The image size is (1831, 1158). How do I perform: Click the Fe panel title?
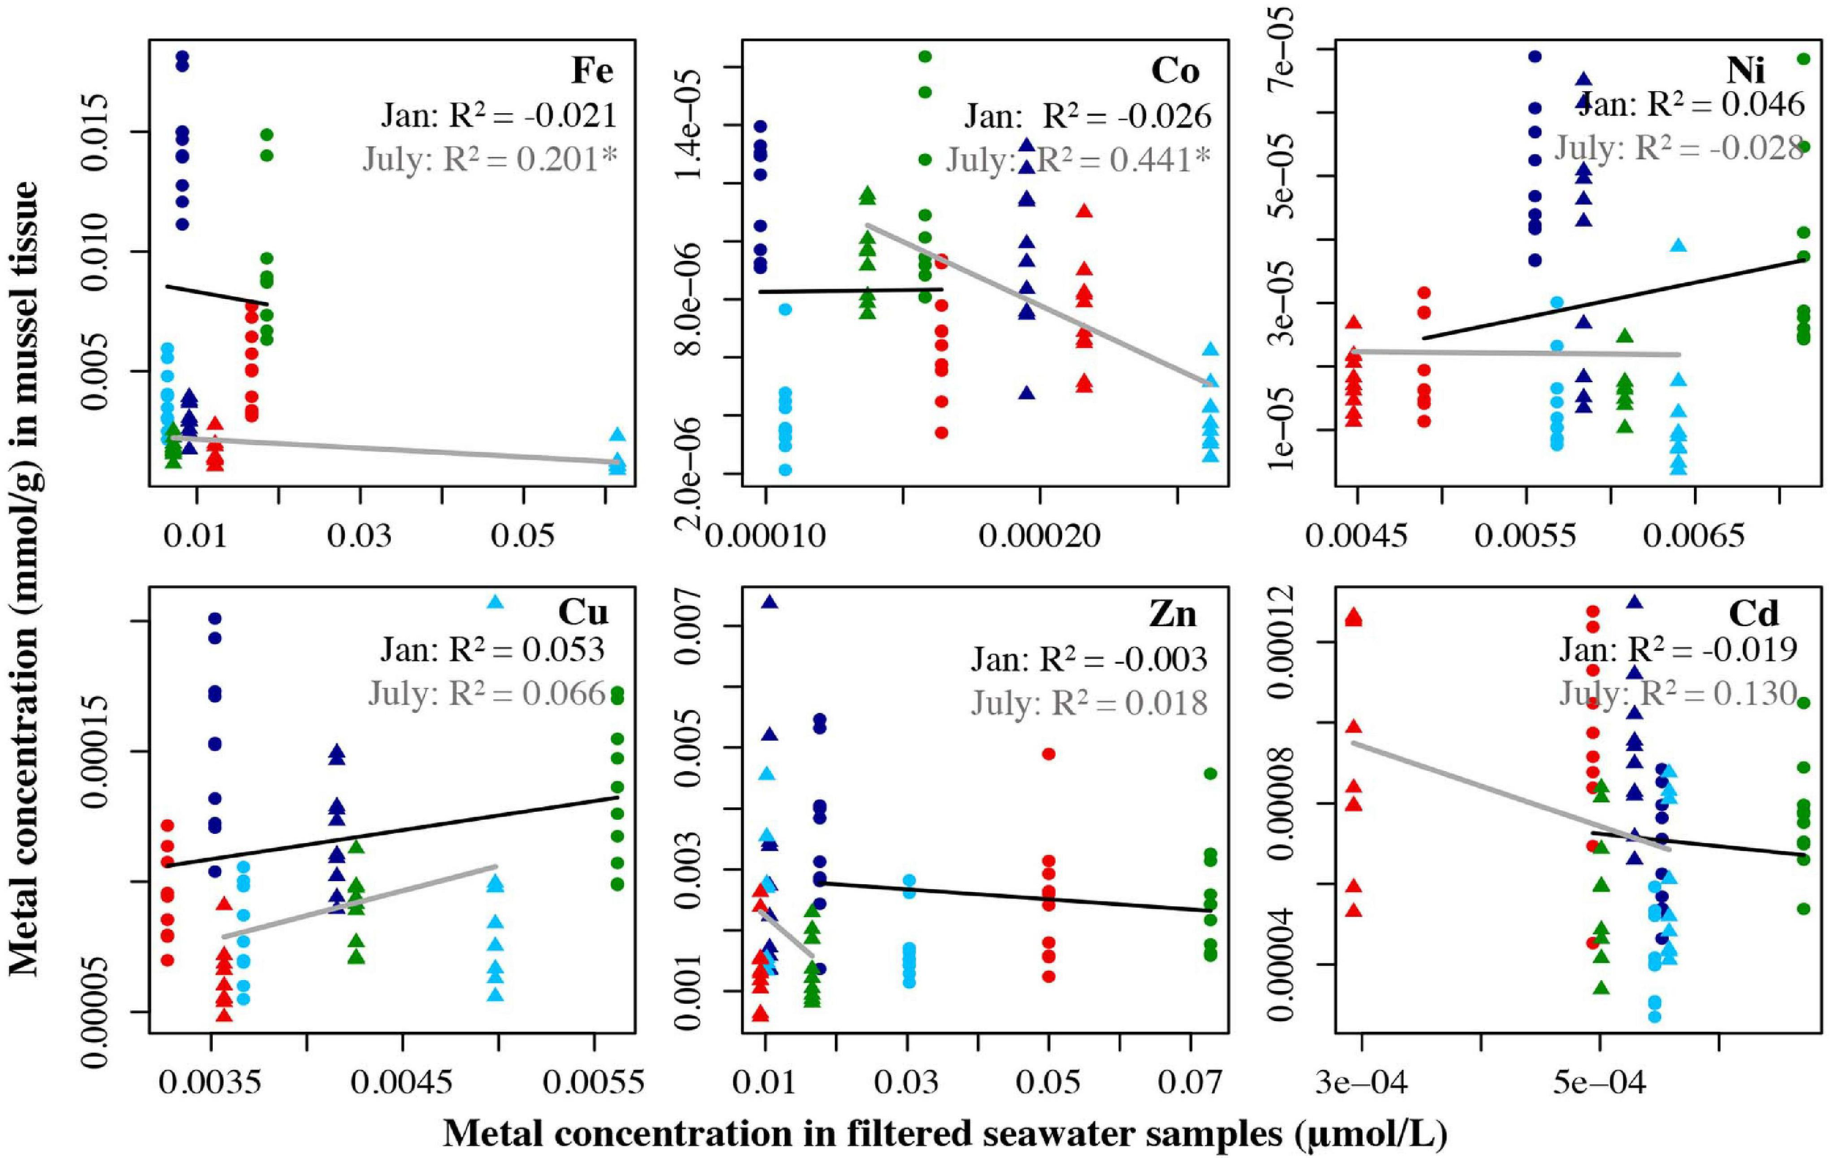click(592, 72)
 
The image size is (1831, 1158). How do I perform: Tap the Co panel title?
click(1175, 72)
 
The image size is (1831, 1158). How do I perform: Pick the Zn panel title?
click(1173, 614)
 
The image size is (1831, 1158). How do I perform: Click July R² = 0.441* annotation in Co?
click(1077, 160)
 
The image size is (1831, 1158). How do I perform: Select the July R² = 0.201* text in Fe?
click(490, 159)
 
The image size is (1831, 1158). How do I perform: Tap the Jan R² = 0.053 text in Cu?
click(492, 649)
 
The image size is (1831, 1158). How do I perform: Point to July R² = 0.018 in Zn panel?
click(1089, 702)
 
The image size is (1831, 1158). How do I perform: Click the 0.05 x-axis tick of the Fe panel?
click(523, 537)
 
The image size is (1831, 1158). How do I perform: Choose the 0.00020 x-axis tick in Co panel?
click(1039, 537)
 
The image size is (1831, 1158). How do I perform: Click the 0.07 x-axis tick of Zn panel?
click(1190, 1082)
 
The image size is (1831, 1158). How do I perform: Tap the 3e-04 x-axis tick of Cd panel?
click(1361, 1082)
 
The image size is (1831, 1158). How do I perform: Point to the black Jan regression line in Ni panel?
click(1612, 299)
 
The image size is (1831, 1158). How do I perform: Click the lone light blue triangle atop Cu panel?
click(495, 602)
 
